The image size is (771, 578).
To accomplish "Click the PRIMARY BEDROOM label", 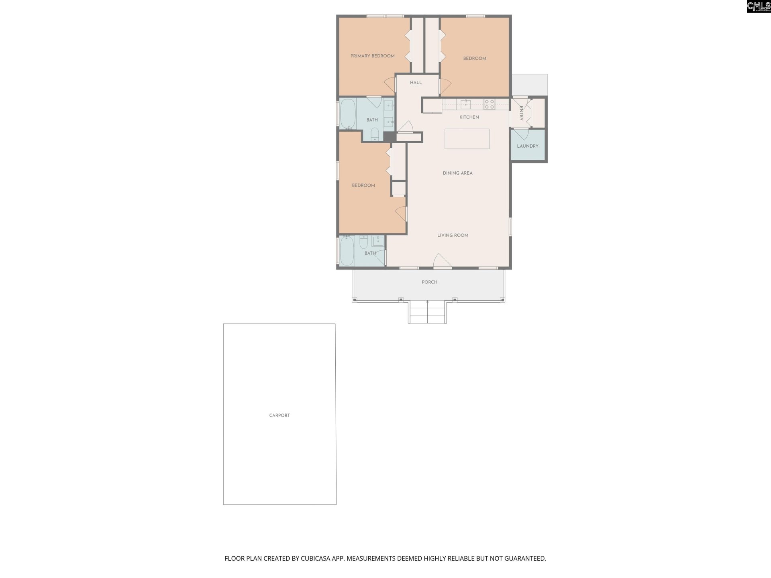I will (372, 56).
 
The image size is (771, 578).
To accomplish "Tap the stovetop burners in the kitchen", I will (489, 104).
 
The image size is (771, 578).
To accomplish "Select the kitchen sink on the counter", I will (465, 105).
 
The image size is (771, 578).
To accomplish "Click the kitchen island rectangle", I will (467, 139).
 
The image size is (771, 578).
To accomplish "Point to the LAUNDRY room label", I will (527, 146).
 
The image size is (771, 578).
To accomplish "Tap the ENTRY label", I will (521, 113).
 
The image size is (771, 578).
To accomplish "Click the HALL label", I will (416, 83).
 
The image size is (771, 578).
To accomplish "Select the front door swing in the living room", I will (442, 261).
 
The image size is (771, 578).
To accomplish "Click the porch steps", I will (427, 313).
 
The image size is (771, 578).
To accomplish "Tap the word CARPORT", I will (279, 415).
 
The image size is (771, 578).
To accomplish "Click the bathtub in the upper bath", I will (348, 114).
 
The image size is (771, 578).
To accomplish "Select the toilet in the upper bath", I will (375, 134).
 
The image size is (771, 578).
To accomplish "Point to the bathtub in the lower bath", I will (347, 251).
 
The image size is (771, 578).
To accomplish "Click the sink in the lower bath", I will (378, 241).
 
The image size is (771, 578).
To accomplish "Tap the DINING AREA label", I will (457, 173).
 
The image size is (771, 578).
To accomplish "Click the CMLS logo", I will (758, 6).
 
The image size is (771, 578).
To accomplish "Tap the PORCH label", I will (429, 282).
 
